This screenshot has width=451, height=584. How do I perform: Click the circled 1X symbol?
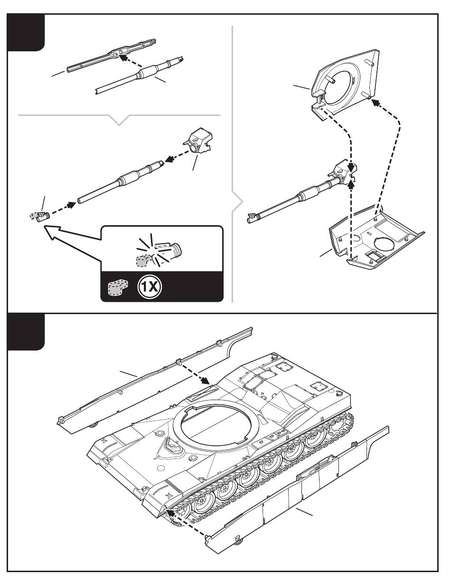click(x=150, y=287)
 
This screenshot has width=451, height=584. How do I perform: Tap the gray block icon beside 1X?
click(x=118, y=288)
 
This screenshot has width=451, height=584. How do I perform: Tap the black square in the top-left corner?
click(x=26, y=32)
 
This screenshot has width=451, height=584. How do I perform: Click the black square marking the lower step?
click(x=26, y=332)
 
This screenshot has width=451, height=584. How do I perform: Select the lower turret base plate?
click(x=376, y=238)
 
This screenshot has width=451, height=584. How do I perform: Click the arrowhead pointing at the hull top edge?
click(x=206, y=381)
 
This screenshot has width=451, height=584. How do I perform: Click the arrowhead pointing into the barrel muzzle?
click(x=72, y=205)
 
